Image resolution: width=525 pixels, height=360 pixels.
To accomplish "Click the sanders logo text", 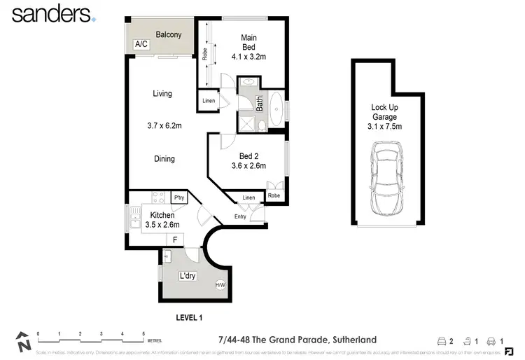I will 50,14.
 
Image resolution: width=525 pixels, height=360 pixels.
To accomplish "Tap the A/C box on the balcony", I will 141,44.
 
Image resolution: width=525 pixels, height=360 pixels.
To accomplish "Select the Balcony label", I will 169,34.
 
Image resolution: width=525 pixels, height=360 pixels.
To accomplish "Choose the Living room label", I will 162,94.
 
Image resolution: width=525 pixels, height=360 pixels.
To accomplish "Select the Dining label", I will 164,159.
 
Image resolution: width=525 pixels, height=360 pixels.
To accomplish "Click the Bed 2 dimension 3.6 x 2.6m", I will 249,167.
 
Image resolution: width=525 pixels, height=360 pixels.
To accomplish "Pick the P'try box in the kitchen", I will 178,198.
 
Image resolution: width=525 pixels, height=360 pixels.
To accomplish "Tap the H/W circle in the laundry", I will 220,284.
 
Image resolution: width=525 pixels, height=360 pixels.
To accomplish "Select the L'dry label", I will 187,276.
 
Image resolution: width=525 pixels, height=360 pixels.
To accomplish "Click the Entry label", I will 240,216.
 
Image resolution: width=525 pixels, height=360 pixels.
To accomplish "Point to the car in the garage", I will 387,178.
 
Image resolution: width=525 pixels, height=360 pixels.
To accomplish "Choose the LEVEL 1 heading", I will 188,317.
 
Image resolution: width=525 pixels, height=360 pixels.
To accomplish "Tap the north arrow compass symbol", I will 24,342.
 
